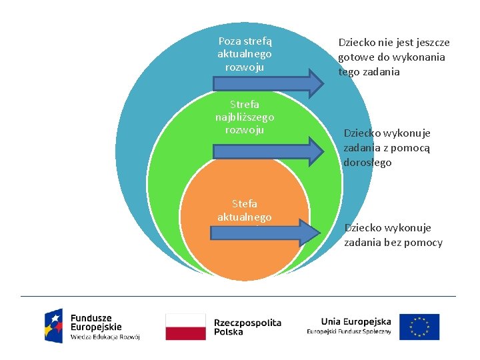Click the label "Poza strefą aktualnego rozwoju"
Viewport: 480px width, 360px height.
pyautogui.click(x=245, y=54)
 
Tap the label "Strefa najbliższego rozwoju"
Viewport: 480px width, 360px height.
pyautogui.click(x=245, y=117)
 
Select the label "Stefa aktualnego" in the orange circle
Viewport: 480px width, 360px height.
pyautogui.click(x=245, y=210)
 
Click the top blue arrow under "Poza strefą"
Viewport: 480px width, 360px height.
pyautogui.click(x=267, y=82)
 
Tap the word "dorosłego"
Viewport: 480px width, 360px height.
pyautogui.click(x=367, y=162)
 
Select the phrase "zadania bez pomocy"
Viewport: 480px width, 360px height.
pyautogui.click(x=393, y=242)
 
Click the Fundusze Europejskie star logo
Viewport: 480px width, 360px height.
pyautogui.click(x=54, y=325)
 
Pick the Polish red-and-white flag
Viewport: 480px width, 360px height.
pyautogui.click(x=185, y=327)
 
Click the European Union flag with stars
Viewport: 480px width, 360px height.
pyautogui.click(x=420, y=327)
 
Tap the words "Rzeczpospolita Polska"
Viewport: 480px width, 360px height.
pyautogui.click(x=247, y=327)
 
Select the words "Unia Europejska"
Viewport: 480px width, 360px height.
pyautogui.click(x=356, y=321)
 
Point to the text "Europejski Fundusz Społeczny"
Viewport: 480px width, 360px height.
pyautogui.click(x=349, y=332)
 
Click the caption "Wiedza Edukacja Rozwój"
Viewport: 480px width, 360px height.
pyautogui.click(x=105, y=337)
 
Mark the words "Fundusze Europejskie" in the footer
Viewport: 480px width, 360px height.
pyautogui.click(x=96, y=323)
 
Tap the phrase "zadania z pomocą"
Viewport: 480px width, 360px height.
pyautogui.click(x=387, y=148)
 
